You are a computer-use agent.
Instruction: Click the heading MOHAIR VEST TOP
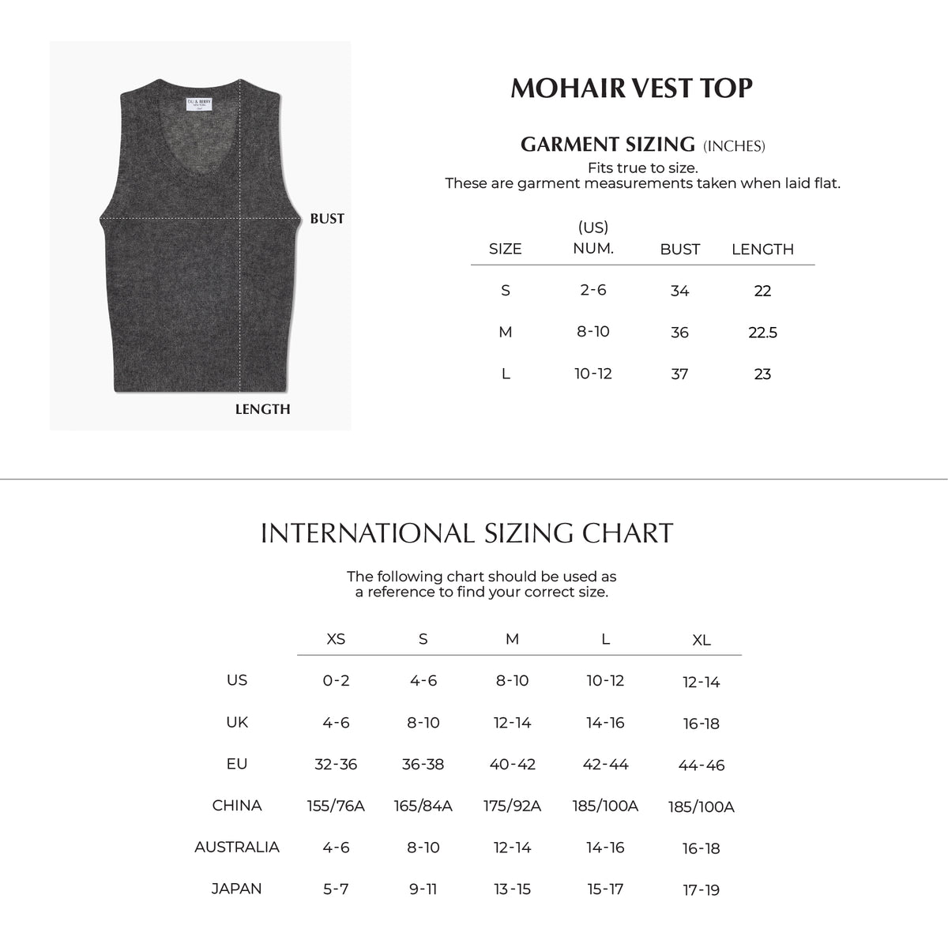[631, 88]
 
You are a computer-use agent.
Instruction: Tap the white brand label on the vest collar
[199, 104]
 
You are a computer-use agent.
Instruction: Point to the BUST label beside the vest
[327, 219]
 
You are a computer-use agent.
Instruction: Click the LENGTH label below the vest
[262, 409]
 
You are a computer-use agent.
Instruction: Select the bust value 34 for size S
[679, 291]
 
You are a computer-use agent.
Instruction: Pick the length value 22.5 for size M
[762, 333]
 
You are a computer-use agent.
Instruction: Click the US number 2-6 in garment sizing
[592, 290]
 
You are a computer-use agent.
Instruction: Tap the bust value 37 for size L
[679, 374]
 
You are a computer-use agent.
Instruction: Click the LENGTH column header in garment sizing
[762, 250]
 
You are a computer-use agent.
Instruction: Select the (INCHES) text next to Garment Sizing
[734, 146]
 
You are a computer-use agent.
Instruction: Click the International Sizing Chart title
[467, 533]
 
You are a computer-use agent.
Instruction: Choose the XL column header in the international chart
[701, 641]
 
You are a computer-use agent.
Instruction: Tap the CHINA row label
[237, 806]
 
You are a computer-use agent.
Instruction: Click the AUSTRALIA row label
[237, 847]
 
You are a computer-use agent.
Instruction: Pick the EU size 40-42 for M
[512, 764]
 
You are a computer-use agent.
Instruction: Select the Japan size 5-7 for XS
[336, 889]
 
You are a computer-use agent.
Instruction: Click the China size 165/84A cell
[423, 806]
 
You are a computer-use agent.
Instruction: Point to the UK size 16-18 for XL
[701, 724]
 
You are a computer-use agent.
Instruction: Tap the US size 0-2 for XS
[336, 681]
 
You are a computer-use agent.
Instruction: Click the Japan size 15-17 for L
[605, 889]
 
